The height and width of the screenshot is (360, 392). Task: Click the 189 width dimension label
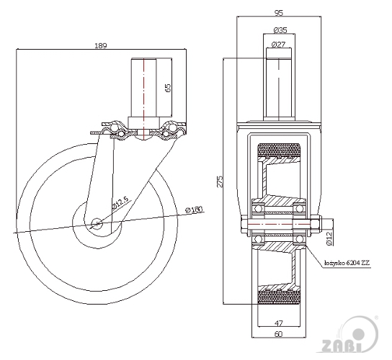point(101,45)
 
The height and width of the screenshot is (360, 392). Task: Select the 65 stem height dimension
point(169,88)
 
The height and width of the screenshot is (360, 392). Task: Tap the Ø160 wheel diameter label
point(194,210)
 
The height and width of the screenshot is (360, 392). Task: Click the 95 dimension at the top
point(279,13)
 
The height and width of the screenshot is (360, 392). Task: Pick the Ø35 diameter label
point(280,30)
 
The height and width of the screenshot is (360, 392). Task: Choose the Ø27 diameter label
point(278,45)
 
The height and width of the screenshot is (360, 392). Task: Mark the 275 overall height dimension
point(220,181)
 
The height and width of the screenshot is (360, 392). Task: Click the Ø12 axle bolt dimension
point(329,239)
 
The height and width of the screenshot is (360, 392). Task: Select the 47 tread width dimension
point(279,323)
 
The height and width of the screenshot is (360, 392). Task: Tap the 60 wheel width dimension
point(279,334)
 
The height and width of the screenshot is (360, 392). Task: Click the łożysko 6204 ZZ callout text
point(347,263)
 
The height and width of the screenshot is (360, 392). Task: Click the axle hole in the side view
point(97,223)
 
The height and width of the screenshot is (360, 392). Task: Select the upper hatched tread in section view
point(279,150)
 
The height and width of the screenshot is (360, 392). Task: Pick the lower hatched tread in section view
point(279,297)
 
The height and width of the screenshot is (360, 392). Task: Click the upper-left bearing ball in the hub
point(259,208)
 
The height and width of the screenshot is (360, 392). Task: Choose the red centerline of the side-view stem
point(143,98)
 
